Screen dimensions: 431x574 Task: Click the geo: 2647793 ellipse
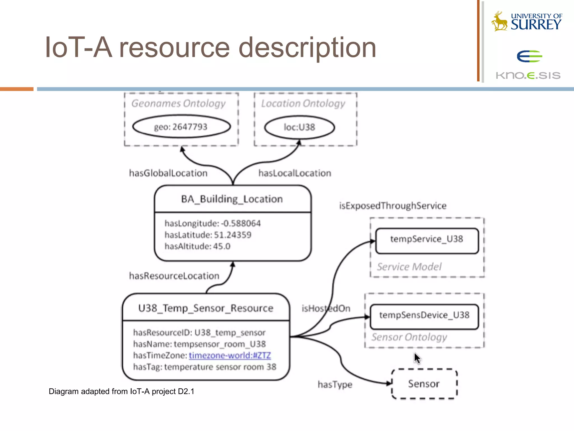click(x=181, y=127)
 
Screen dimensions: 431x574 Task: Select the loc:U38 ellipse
click(x=299, y=127)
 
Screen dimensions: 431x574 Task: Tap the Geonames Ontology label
click(x=179, y=104)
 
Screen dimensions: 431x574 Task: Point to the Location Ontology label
click(x=303, y=104)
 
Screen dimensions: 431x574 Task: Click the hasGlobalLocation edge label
click(x=168, y=173)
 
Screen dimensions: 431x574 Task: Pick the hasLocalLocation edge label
click(x=295, y=173)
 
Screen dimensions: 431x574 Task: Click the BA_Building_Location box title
click(x=232, y=199)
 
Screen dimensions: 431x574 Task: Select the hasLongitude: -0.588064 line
click(x=212, y=223)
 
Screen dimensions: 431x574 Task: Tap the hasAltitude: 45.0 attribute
click(x=197, y=246)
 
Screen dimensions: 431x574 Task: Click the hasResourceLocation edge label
click(x=174, y=276)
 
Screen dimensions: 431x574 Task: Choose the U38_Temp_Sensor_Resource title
click(x=206, y=308)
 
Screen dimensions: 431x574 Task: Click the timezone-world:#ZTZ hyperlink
click(x=230, y=356)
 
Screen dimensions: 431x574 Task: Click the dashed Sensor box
click(x=424, y=384)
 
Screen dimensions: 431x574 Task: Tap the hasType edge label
click(x=335, y=384)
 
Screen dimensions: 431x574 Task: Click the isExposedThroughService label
click(x=393, y=206)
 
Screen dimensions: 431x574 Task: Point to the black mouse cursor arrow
click(x=417, y=358)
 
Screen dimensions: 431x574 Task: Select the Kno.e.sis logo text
click(x=528, y=75)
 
